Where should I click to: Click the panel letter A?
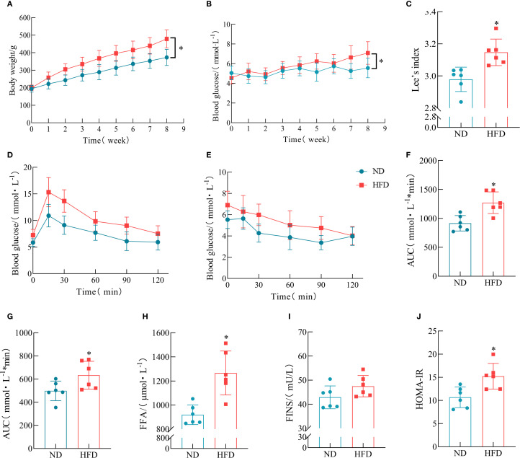(10, 4)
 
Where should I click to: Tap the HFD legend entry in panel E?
(374, 185)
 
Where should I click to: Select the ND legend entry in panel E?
(370, 171)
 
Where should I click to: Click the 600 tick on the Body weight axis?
(24, 17)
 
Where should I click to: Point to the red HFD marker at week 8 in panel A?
(167, 39)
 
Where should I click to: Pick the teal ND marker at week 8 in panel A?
(167, 58)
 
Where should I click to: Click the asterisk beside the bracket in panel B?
(381, 62)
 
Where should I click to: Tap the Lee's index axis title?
(416, 70)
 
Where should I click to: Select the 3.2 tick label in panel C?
(431, 44)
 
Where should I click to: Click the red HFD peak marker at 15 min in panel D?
(48, 192)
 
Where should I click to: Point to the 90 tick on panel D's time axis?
(126, 280)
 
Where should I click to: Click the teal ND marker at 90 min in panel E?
(321, 243)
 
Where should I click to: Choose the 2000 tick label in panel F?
(428, 161)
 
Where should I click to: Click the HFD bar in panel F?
(493, 239)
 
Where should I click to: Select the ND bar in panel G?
(55, 420)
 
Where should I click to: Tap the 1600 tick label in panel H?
(161, 333)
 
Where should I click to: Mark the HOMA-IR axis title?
(419, 389)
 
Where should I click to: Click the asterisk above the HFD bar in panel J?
(493, 349)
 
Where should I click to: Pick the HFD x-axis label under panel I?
(363, 454)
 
